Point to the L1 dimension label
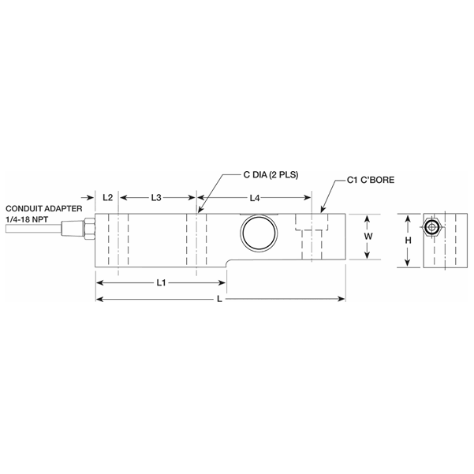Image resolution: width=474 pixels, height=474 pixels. point(161,281)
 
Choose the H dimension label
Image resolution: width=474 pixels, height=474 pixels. point(407,241)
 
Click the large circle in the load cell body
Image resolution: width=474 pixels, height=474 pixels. point(259,235)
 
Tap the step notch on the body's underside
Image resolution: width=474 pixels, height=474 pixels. point(226,263)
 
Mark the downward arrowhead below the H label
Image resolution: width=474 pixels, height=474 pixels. point(407,263)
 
